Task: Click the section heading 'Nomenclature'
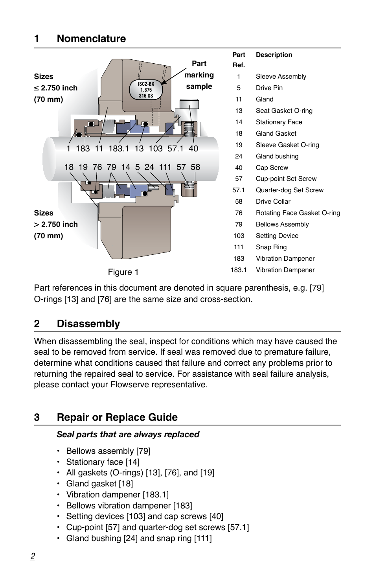point(91,39)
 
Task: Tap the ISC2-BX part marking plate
point(146,90)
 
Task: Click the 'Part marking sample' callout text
point(199,75)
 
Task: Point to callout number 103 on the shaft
point(155,149)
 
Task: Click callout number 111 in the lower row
point(165,167)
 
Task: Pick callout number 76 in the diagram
point(97,167)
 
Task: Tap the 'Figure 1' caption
point(123,272)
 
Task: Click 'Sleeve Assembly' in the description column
point(281,76)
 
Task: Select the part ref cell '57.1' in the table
point(239,190)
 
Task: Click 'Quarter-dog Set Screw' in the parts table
point(289,190)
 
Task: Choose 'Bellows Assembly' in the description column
point(282,225)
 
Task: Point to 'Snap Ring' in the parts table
point(271,247)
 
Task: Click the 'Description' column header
point(274,55)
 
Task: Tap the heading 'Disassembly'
point(88,324)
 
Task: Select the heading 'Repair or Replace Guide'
point(117,417)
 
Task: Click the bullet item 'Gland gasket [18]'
point(99,484)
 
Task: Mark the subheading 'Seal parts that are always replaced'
point(128,435)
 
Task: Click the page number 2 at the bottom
point(33,556)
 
